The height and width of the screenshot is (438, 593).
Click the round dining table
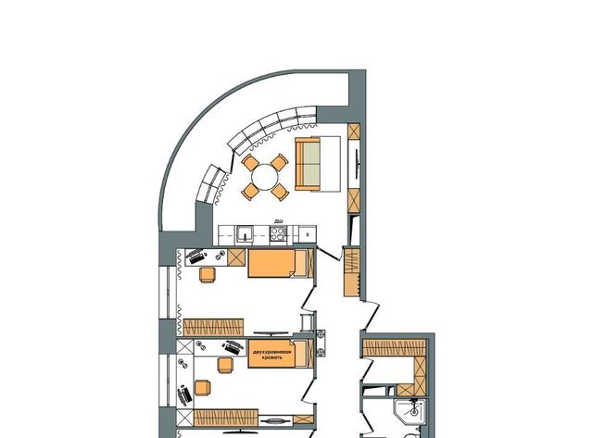(x=265, y=177)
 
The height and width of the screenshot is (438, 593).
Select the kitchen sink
(x=246, y=234)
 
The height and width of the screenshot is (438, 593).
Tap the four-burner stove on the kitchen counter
(x=278, y=233)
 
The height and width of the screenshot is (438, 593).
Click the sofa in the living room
(x=308, y=163)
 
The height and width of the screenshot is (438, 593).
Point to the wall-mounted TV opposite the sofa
(x=356, y=163)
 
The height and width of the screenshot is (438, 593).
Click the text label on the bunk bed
(x=271, y=354)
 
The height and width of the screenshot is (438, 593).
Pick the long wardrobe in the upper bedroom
(x=213, y=327)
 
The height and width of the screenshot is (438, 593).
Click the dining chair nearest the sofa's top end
(x=280, y=162)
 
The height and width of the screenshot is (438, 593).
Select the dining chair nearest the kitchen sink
(x=250, y=192)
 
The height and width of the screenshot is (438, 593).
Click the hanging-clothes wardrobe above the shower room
(x=394, y=347)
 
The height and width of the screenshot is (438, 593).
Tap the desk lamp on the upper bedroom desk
(x=219, y=256)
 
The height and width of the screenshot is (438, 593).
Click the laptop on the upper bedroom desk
(x=197, y=257)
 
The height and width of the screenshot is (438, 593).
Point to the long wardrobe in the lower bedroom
(x=226, y=418)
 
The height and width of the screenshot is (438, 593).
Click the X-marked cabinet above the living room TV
(x=354, y=131)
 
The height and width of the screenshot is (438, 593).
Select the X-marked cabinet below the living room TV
(x=354, y=200)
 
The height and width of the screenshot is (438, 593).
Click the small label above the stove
(x=279, y=221)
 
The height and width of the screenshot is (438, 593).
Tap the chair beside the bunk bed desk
(x=225, y=365)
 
